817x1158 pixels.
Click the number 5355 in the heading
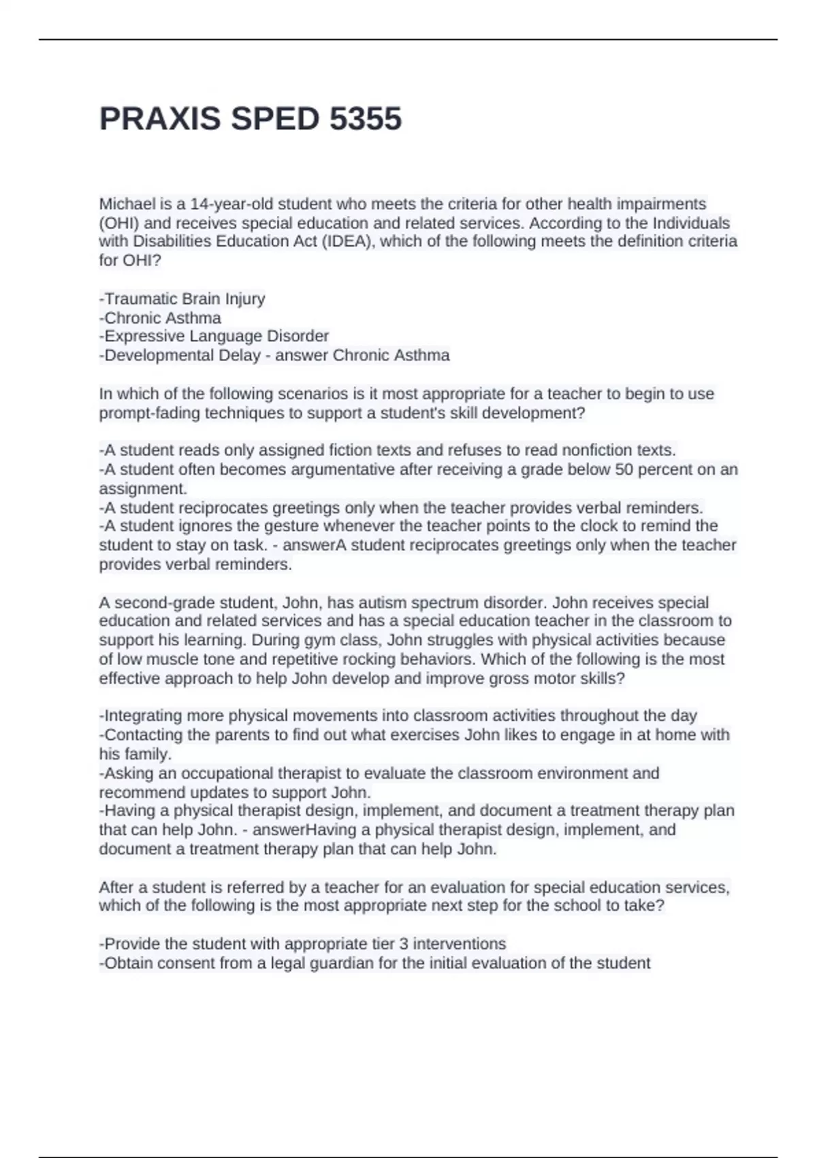(366, 119)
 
